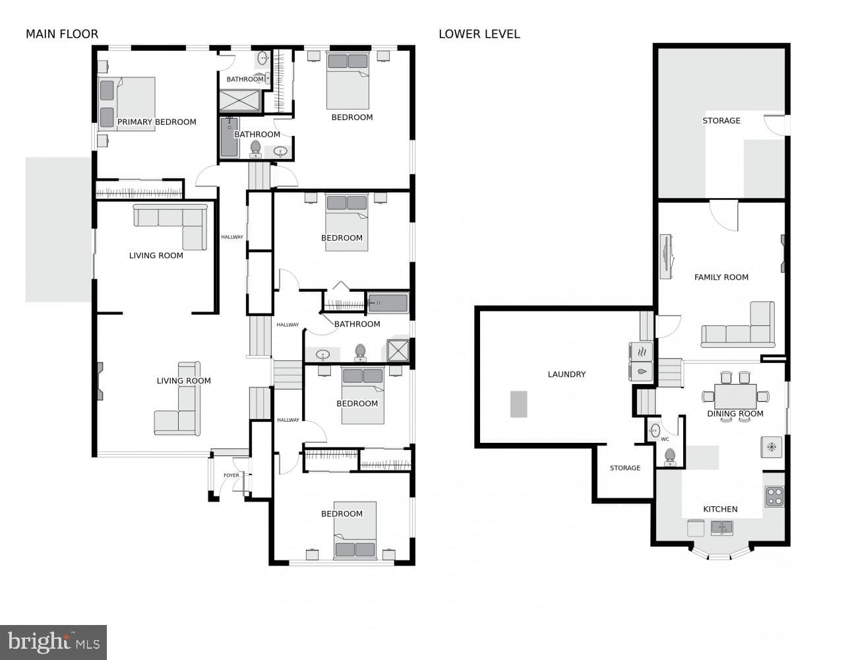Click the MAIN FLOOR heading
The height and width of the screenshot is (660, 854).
pos(62,34)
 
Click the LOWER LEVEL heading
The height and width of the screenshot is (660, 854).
pos(479,34)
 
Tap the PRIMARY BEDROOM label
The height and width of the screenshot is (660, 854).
pos(157,122)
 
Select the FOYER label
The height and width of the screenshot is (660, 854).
pos(231,475)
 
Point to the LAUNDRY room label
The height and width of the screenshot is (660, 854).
pos(566,374)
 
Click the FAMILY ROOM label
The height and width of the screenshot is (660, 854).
pos(721,277)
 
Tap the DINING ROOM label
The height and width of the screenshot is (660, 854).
pos(735,413)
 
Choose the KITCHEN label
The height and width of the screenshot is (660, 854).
pos(720,509)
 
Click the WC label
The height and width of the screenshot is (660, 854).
pos(665,440)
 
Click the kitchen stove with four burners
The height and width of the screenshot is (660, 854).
pos(774,496)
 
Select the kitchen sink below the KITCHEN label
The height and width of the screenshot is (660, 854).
pos(721,528)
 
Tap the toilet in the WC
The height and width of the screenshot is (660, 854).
pos(669,457)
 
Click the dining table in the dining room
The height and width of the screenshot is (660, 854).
pos(735,397)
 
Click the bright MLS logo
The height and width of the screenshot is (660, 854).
pos(53,642)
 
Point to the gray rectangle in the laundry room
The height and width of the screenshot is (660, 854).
pos(518,404)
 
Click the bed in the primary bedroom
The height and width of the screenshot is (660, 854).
pos(127,104)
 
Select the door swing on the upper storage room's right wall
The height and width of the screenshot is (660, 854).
pos(774,125)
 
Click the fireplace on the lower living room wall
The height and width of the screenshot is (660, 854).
pos(100,381)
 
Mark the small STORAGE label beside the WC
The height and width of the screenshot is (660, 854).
pos(625,468)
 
